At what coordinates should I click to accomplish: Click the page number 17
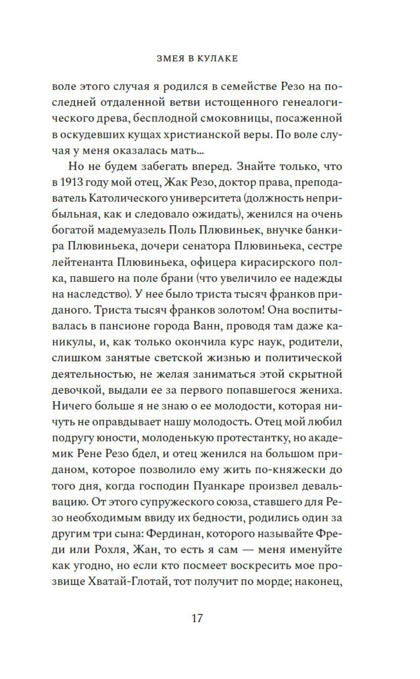coord(197,618)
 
